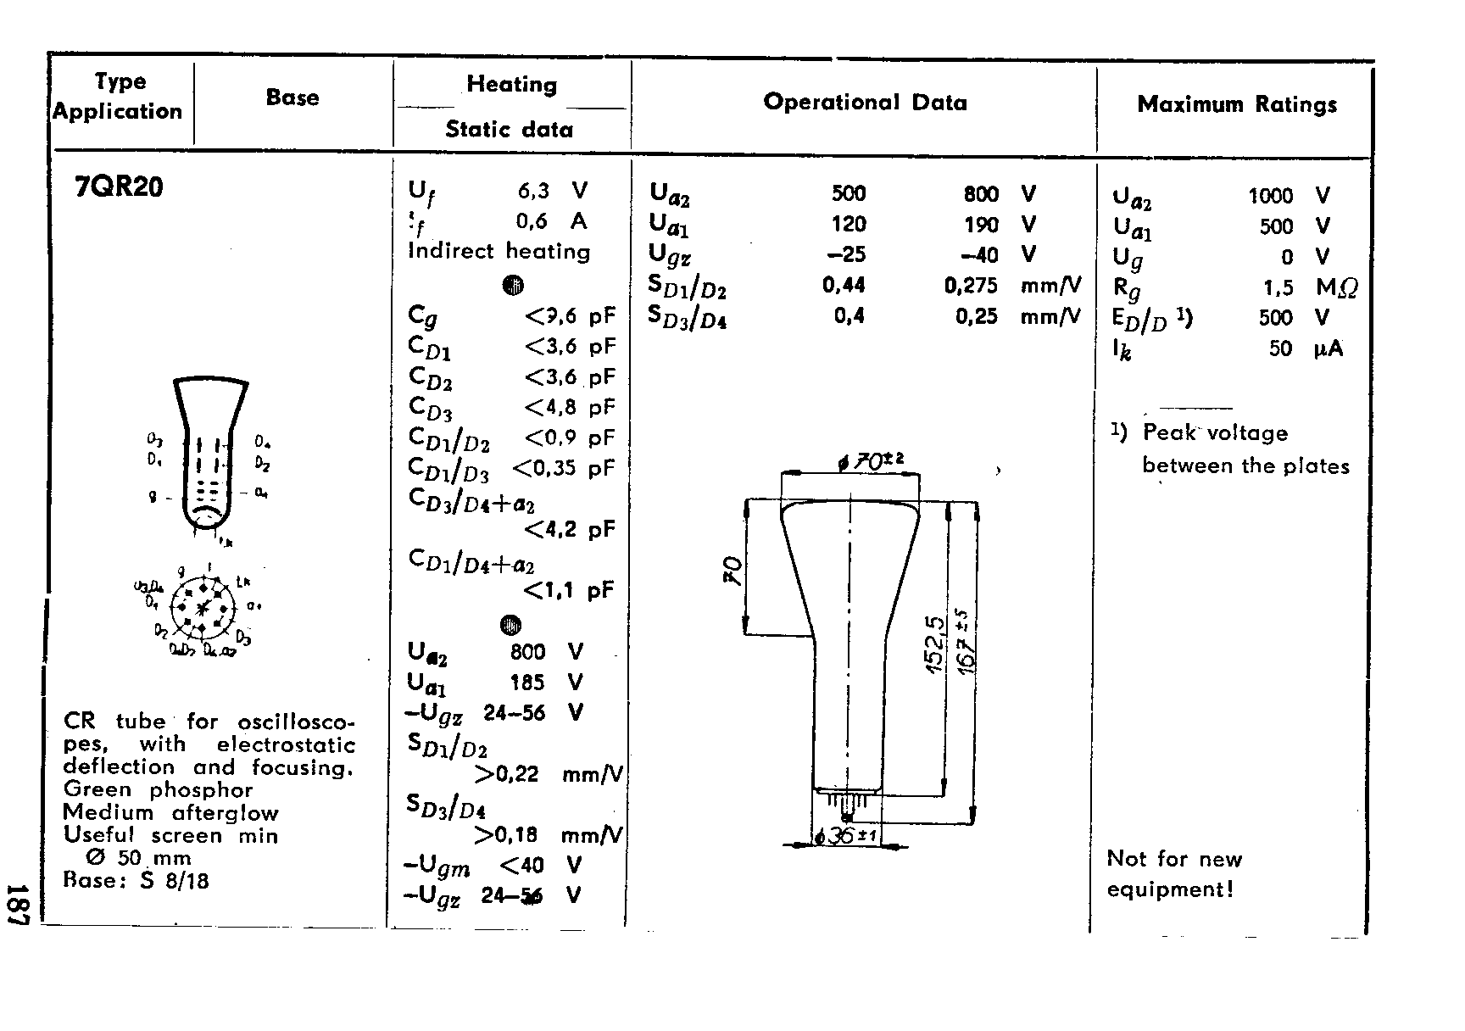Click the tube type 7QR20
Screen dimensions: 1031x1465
pos(119,187)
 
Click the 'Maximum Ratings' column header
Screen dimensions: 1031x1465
pos(1237,104)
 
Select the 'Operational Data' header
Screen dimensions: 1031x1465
pos(865,103)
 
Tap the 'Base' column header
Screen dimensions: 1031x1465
pos(292,98)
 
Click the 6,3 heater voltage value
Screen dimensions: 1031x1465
pos(533,191)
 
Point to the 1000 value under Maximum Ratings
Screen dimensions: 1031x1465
pos(1270,196)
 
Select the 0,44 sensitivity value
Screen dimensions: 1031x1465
pos(844,285)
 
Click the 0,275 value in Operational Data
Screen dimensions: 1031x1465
pos(971,286)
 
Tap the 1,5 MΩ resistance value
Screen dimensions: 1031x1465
pos(1278,287)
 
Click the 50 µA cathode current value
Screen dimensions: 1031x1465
pos(1280,348)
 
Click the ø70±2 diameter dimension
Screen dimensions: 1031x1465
pos(871,461)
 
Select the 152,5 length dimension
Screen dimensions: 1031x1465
pos(934,644)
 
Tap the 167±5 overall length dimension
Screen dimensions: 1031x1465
pos(966,640)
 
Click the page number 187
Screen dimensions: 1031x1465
pos(19,904)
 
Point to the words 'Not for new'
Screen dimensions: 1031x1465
pos(1174,859)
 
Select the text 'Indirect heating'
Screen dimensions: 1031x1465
pos(499,251)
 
